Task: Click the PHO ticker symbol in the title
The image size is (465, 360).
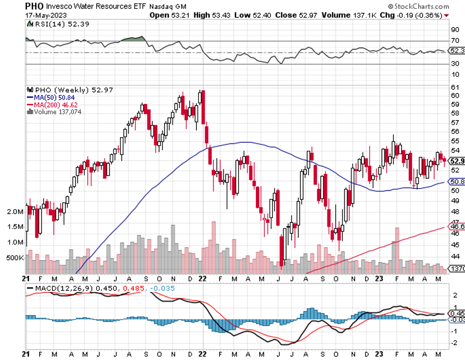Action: point(35,6)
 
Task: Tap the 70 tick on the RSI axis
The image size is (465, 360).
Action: point(455,41)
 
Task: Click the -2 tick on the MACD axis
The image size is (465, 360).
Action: point(455,342)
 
